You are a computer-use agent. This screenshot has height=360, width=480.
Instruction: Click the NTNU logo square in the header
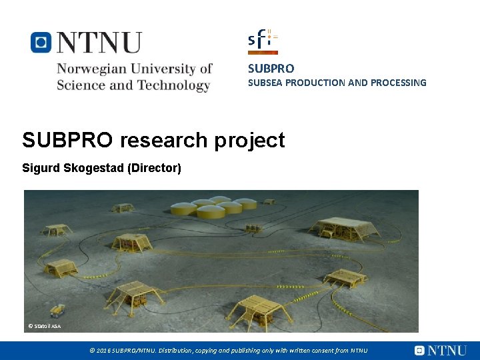point(41,43)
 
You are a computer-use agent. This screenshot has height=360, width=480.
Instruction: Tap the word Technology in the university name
point(173,85)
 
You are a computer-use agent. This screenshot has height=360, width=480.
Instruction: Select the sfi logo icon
point(263,41)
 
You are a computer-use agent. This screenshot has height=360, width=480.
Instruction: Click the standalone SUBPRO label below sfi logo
point(271,68)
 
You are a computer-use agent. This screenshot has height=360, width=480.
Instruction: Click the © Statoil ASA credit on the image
point(44,326)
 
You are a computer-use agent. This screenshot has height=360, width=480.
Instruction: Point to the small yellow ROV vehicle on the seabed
point(59,309)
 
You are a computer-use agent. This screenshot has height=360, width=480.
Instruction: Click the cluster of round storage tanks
point(207,207)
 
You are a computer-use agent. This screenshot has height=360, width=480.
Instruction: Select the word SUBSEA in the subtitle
point(263,83)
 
